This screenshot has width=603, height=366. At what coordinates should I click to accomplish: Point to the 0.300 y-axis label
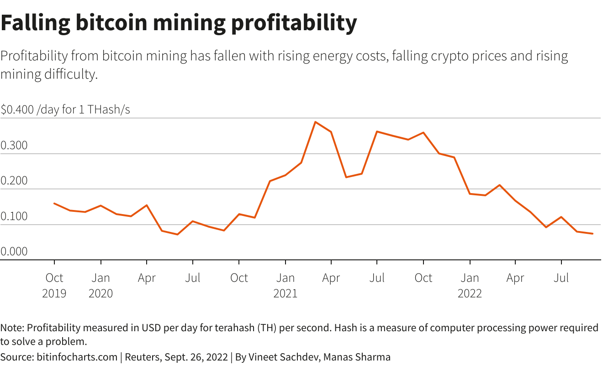pos(14,146)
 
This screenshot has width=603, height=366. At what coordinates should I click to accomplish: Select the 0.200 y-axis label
pos(14,182)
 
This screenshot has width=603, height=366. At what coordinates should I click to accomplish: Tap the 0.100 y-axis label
pos(14,217)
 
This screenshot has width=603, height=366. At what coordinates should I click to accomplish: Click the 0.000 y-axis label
pos(14,252)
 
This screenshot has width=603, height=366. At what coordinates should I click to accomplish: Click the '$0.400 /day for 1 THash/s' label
pos(65,110)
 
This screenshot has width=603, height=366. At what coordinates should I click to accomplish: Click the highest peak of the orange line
pos(315,122)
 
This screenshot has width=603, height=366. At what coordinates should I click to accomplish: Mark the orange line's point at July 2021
pos(377,131)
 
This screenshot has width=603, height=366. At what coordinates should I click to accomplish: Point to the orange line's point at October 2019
pos(54,203)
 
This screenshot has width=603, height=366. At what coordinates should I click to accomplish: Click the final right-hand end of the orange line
pos(592,234)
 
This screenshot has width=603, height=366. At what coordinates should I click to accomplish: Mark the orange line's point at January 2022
pos(470,194)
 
